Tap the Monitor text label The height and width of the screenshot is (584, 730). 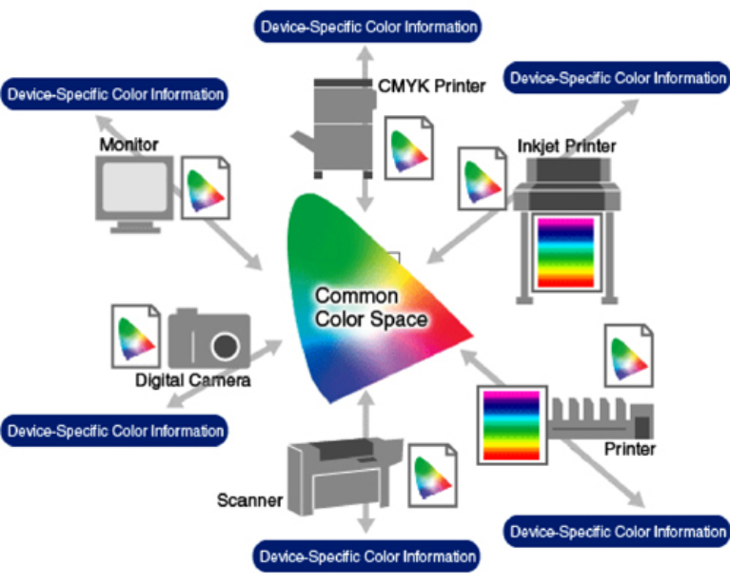point(128,145)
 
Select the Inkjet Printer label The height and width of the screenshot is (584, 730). point(566,146)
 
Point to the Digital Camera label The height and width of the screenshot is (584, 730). point(192,381)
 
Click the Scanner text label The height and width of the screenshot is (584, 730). point(250,498)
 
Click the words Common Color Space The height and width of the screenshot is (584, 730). point(370,307)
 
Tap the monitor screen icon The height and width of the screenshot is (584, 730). point(136,189)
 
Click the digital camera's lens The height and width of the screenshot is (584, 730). point(225,344)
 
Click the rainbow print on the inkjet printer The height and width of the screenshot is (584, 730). point(565,253)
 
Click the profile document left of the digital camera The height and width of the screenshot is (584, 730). point(136,334)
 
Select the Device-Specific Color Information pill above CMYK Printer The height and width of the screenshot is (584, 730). point(367,26)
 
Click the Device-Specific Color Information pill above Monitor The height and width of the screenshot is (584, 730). point(115,94)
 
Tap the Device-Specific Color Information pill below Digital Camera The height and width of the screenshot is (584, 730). point(115,430)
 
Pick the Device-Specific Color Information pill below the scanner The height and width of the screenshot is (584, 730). point(367,555)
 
